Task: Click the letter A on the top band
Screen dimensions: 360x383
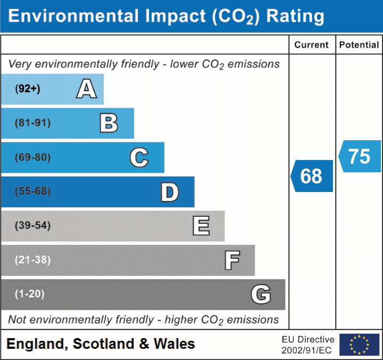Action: pos(87,89)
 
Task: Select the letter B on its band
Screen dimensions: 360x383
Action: pos(109,123)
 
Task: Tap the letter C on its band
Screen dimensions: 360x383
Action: pos(139,157)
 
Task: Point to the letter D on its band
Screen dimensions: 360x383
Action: pos(169,192)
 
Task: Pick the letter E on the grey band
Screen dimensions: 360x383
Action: pos(201,226)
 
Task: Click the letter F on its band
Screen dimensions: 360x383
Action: pos(232,260)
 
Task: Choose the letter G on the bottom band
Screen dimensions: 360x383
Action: pos(261,294)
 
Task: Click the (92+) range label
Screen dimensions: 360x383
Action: pos(28,89)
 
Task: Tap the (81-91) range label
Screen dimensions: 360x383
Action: pos(33,123)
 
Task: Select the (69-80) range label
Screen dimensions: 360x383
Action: pos(33,157)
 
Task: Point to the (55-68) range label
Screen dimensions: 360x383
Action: pos(33,191)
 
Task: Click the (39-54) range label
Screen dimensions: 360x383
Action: pos(33,226)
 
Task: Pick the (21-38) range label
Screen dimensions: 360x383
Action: pos(33,260)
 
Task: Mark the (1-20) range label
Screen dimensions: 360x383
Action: pos(30,294)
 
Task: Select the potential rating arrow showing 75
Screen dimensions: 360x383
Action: pos(360,156)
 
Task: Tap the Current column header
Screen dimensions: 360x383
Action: pos(312,45)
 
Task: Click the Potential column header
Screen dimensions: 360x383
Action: pos(359,45)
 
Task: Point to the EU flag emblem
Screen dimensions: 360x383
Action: pos(359,345)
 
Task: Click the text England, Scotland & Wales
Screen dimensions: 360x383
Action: pos(101,344)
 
